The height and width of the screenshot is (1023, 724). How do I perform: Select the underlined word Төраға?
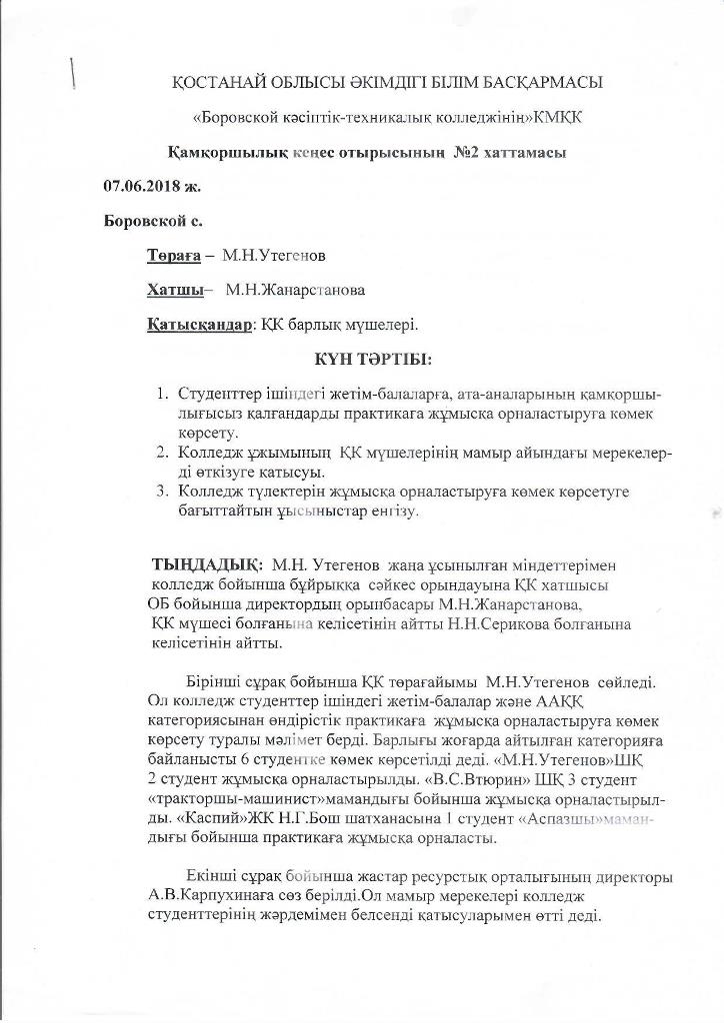coord(174,256)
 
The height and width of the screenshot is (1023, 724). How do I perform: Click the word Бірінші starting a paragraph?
coord(216,681)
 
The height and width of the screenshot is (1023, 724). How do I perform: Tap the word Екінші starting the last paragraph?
coord(214,877)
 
